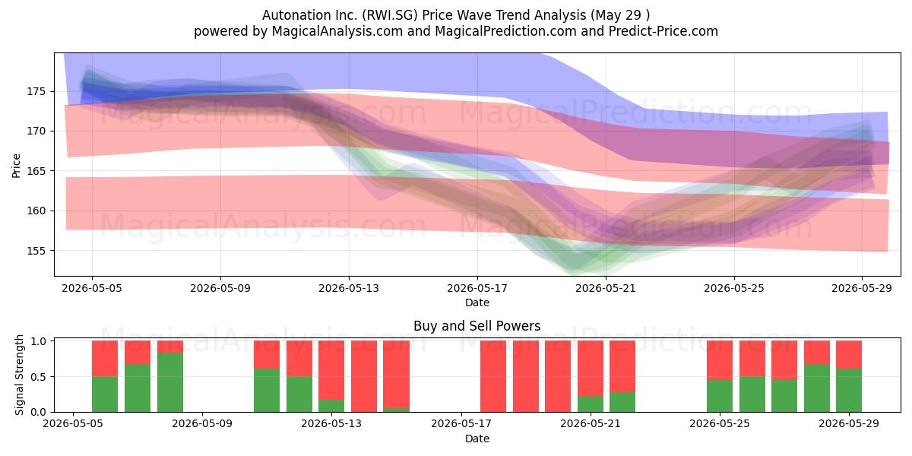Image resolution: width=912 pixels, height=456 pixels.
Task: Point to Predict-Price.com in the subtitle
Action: tap(663, 31)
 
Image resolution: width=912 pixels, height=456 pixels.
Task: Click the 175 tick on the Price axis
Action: tap(36, 92)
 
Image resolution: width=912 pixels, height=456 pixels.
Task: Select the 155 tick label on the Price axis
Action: tap(36, 251)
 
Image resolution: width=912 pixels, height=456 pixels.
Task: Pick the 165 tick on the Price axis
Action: tap(36, 171)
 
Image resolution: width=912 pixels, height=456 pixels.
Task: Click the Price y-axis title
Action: tap(16, 166)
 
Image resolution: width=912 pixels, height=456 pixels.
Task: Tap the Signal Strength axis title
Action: tap(19, 375)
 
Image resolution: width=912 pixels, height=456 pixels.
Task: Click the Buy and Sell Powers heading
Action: tap(477, 326)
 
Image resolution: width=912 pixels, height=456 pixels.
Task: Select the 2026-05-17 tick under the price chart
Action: tap(477, 288)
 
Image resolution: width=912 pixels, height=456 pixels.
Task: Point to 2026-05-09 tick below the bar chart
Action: tap(202, 423)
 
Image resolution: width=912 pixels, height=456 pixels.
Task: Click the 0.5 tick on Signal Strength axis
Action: tap(38, 377)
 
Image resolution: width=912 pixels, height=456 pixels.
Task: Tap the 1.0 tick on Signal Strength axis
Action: tap(38, 340)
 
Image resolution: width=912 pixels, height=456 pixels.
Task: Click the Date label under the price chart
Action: tap(477, 302)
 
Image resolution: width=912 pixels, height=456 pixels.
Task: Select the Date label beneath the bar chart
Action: tap(477, 439)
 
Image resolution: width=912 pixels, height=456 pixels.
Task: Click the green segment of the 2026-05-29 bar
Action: tap(848, 390)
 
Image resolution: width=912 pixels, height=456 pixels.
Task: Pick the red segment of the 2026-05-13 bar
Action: tap(331, 370)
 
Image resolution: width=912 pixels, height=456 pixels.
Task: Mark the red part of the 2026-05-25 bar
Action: tap(720, 360)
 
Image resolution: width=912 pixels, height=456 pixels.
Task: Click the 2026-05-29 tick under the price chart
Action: tap(862, 288)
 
